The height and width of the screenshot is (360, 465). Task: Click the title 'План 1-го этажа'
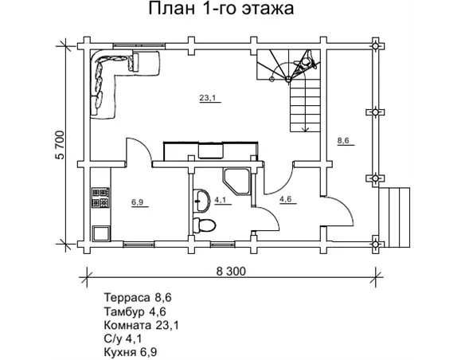pos(221,10)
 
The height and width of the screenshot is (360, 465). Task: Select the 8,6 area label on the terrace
pos(344,141)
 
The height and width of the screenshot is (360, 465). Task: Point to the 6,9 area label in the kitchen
pos(137,202)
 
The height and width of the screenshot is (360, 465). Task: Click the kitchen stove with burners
pos(100,197)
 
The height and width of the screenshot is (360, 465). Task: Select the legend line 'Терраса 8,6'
pos(138,297)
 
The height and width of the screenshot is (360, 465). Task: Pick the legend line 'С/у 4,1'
pos(123,337)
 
